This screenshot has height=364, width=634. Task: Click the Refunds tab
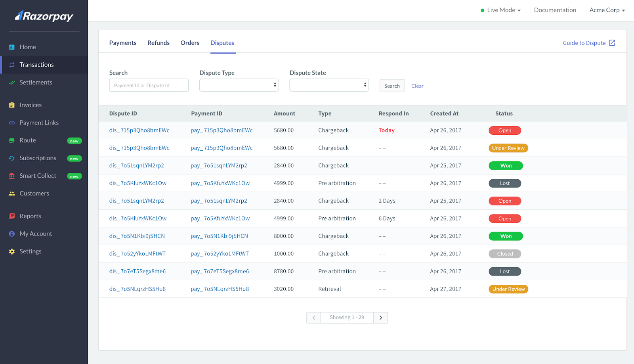(158, 43)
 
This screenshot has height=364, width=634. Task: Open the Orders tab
(190, 43)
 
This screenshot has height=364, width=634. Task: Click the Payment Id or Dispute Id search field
(149, 85)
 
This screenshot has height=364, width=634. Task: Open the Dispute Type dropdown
(239, 85)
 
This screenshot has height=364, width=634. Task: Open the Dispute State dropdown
(329, 85)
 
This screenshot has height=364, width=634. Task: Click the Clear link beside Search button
(417, 86)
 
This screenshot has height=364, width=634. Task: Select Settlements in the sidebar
(36, 82)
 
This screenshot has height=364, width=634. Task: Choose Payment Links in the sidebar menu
(39, 123)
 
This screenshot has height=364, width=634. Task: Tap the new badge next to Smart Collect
(74, 176)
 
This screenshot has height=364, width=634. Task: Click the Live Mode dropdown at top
(501, 10)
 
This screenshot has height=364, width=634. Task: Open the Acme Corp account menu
(607, 10)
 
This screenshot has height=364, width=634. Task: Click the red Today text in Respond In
(386, 130)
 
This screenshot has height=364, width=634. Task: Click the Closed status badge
(505, 254)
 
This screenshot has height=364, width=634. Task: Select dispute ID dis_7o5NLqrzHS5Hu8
(137, 289)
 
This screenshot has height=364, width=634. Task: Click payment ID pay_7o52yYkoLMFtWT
(220, 254)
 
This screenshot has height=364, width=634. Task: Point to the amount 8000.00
(284, 236)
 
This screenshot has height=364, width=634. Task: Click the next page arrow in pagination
(380, 318)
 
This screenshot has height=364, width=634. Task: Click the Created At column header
(444, 114)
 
